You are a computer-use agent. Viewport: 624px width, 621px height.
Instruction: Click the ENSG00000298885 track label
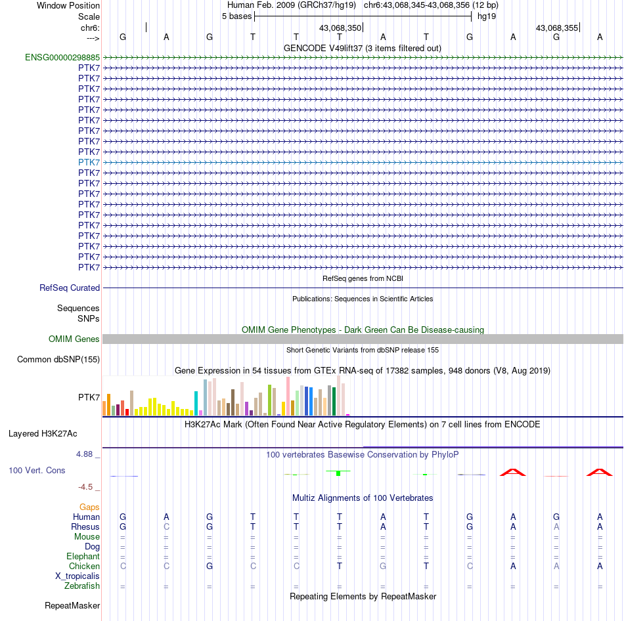tap(62, 57)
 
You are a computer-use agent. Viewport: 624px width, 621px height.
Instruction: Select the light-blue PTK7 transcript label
tap(89, 162)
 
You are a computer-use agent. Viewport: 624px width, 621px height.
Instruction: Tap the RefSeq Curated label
tap(70, 288)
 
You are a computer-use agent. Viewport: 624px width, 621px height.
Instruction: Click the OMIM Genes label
tap(74, 339)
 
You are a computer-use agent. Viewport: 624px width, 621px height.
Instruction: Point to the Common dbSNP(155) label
tap(58, 359)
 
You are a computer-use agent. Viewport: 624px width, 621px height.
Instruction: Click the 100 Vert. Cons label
tap(37, 470)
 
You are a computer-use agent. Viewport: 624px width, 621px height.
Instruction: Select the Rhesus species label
tap(85, 526)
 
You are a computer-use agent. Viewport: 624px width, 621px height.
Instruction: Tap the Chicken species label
tap(85, 566)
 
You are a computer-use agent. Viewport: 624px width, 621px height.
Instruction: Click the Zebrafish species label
tap(83, 586)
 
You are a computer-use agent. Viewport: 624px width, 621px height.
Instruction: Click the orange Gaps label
tap(89, 507)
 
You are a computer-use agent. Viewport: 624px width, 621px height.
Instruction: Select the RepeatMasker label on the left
tap(72, 605)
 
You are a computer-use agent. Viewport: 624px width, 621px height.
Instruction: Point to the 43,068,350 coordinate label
tap(340, 28)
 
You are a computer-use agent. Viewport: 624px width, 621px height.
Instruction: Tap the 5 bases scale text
tap(236, 16)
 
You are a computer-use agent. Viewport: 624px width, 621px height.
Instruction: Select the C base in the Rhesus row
tap(166, 526)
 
